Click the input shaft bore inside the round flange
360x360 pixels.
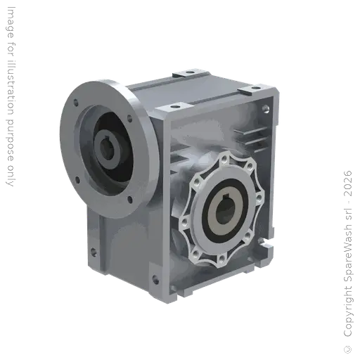coord(110,149)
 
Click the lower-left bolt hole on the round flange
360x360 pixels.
coord(77,182)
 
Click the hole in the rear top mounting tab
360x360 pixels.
coord(193,72)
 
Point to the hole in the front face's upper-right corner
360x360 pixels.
coord(266,109)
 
